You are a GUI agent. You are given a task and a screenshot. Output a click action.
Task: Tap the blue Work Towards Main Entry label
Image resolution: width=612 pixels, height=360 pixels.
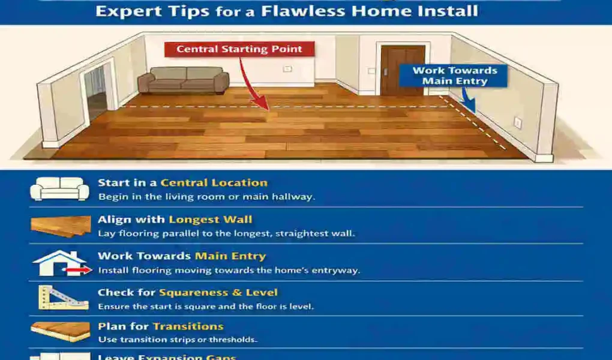(455, 76)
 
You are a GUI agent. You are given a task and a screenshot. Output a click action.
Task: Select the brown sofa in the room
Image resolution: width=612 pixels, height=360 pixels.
(183, 79)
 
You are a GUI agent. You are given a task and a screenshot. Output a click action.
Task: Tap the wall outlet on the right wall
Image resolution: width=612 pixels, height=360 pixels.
(517, 122)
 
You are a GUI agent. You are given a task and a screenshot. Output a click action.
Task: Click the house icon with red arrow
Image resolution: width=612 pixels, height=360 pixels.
(60, 263)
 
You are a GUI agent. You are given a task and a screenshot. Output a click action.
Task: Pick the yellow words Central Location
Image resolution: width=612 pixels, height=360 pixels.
(214, 183)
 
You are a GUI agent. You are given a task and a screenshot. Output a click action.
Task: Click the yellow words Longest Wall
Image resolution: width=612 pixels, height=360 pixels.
(210, 220)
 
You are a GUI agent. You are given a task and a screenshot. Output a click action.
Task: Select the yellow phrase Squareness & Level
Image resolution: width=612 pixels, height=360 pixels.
(218, 293)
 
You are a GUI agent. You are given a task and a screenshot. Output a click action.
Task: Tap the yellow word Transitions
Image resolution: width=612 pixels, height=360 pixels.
(188, 326)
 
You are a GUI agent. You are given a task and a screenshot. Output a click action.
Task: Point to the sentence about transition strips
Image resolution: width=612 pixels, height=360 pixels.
(178, 340)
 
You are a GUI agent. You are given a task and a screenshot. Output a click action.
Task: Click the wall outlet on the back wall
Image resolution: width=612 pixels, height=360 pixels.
(287, 68)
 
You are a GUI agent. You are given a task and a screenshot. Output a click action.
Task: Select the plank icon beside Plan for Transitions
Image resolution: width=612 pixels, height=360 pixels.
(60, 331)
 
